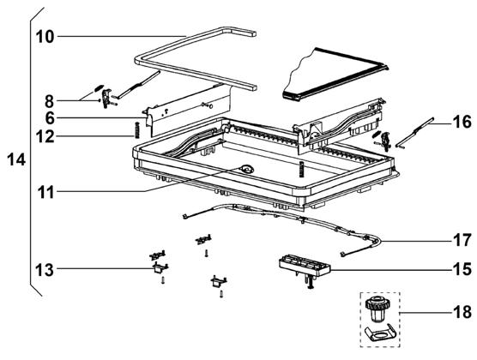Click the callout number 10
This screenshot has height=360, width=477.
45,37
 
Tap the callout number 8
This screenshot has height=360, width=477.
49,101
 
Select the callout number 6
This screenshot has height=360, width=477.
50,118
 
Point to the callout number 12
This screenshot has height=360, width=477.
45,136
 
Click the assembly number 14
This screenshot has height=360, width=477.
16,159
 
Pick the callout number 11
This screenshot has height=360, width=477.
46,192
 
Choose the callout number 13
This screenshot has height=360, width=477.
45,270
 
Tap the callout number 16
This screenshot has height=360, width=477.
462,122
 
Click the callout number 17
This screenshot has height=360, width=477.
462,240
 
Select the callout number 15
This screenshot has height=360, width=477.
462,269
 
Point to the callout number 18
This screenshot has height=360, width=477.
462,312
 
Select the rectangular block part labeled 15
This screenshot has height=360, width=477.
305,266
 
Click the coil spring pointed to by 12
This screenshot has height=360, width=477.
137,129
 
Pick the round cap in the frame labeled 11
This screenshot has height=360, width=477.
246,168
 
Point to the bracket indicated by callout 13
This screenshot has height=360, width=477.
160,268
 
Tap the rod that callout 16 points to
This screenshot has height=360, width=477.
415,133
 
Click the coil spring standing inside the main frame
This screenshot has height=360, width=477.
301,169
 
